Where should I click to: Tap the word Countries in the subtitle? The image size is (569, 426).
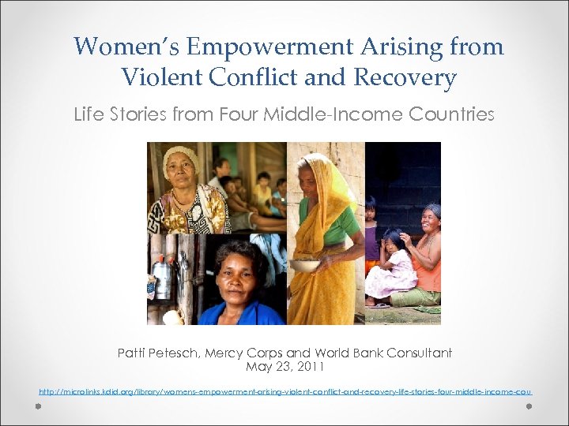coord(451,114)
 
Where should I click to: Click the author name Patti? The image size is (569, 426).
coord(134,353)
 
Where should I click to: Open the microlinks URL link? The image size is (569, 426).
coord(284,391)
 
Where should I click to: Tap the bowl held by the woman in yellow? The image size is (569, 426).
coord(305,265)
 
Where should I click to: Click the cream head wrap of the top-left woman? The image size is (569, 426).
coord(181,155)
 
